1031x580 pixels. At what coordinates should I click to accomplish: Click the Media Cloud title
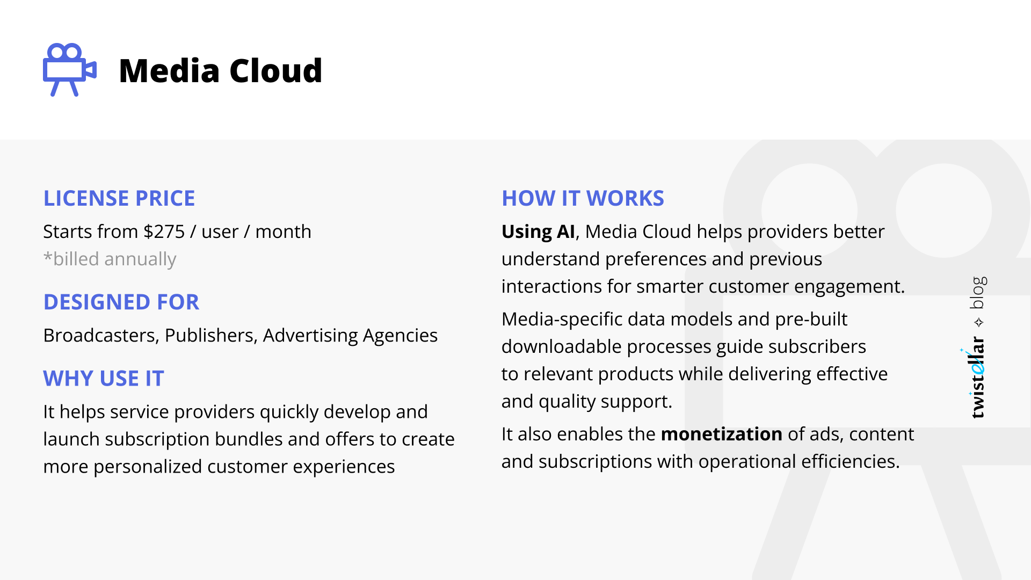coord(220,71)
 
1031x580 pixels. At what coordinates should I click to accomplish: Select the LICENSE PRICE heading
coord(119,198)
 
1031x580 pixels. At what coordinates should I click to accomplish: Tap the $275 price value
coord(164,231)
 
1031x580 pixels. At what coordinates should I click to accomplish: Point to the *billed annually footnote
coord(110,259)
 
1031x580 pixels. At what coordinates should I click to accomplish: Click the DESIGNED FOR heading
coord(121,302)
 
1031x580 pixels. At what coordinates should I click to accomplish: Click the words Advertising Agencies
coord(350,335)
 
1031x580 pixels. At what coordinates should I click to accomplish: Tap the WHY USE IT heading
coord(104,379)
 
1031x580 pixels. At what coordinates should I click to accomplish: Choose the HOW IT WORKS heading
coord(583,198)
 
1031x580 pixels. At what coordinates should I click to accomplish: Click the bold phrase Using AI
coord(538,231)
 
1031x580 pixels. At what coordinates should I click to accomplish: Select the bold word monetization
coord(721,434)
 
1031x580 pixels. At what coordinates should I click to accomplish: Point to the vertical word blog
coord(978,293)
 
